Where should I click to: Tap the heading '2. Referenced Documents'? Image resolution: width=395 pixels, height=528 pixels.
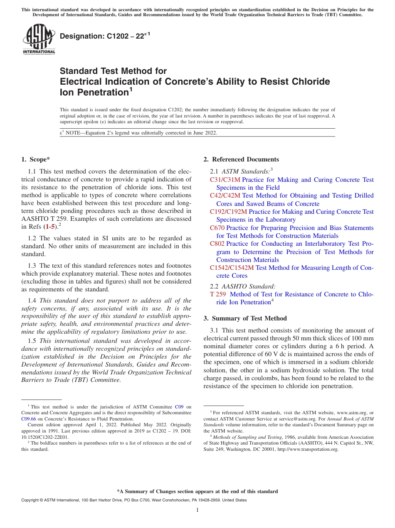click(241, 159)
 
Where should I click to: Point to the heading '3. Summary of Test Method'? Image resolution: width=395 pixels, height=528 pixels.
click(245, 318)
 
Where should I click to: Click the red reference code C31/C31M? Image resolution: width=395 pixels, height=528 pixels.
click(225, 180)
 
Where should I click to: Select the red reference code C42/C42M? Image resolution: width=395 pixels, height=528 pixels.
click(225, 196)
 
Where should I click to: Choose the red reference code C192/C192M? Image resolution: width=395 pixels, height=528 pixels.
click(228, 212)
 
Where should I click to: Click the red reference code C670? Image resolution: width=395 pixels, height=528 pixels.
click(217, 228)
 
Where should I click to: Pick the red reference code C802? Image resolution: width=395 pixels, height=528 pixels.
click(217, 244)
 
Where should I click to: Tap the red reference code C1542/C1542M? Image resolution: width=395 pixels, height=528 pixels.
click(232, 268)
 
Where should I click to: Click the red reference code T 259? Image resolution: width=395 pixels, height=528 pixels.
click(218, 294)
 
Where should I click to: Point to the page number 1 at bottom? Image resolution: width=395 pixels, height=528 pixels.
click(197, 510)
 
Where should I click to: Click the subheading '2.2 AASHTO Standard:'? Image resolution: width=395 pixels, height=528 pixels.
click(243, 286)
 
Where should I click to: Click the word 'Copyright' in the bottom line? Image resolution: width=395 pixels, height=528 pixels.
click(32, 500)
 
